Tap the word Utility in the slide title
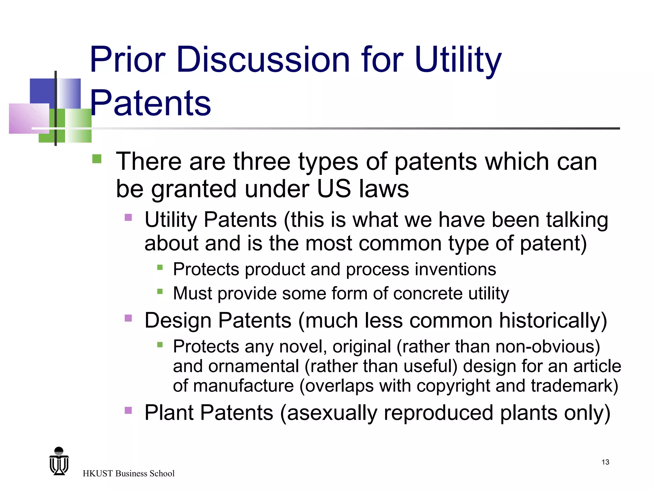coord(458,60)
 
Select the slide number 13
coord(605,462)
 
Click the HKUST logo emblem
coord(59,462)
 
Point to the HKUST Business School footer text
coord(128,473)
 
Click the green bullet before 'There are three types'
coord(96,159)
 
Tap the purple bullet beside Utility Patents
coord(128,218)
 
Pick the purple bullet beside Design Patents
coord(128,318)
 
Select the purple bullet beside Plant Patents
coord(128,410)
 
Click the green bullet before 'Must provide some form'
coord(160,291)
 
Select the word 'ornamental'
coord(254,366)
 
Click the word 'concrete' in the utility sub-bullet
coord(428,293)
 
